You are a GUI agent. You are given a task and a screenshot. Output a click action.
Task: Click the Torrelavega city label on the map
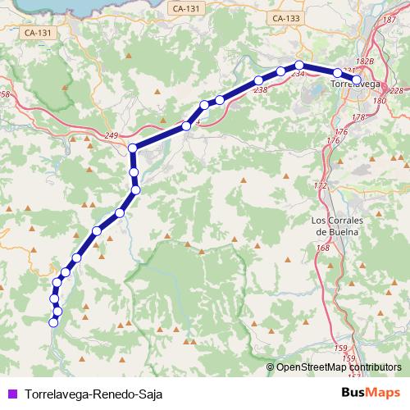click(355, 84)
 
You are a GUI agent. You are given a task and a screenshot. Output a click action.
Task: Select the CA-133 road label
click(285, 17)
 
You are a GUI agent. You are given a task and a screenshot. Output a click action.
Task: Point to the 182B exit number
click(366, 61)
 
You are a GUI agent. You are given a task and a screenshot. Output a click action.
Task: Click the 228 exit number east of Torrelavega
click(397, 91)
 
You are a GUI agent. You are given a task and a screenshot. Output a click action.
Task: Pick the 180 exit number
click(379, 101)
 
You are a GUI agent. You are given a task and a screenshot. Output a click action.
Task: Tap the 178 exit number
click(358, 118)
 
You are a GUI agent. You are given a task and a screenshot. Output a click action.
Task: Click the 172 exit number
click(321, 186)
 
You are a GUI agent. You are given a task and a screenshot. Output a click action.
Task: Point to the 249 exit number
click(113, 134)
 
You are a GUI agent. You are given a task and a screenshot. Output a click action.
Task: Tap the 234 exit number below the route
click(297, 75)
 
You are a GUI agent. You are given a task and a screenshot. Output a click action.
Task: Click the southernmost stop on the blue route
click(53, 323)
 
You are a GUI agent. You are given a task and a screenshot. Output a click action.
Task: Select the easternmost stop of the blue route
click(356, 80)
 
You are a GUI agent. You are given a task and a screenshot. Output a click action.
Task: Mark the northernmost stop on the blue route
click(299, 65)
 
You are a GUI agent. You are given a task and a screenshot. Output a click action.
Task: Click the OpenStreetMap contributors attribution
click(339, 367)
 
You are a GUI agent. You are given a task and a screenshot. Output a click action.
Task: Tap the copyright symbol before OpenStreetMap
click(271, 367)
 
